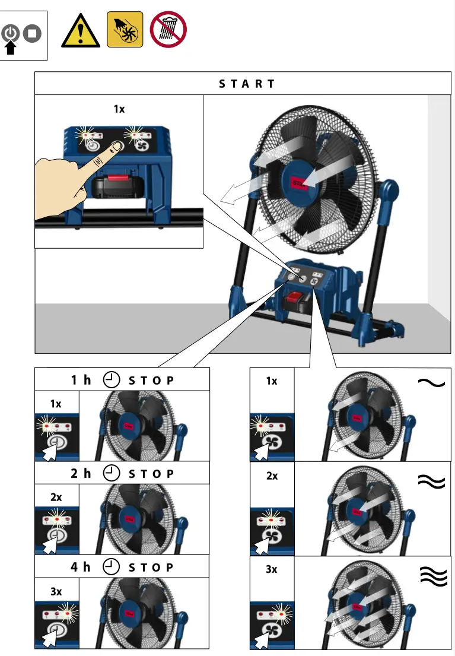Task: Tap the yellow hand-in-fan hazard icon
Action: pos(125,30)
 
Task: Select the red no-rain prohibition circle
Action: pos(168,30)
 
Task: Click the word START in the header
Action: pos(247,84)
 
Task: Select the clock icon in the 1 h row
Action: pos(111,380)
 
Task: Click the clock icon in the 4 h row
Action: pos(111,566)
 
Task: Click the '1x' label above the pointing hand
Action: pos(119,109)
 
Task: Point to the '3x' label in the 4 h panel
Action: pos(56,592)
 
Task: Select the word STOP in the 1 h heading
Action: pos(151,381)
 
